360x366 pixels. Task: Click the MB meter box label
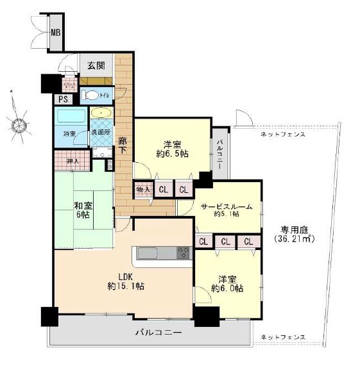point(56,31)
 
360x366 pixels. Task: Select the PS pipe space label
point(63,99)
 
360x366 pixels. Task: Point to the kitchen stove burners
point(184,252)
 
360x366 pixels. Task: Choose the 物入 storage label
point(142,189)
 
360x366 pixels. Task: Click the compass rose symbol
point(19,122)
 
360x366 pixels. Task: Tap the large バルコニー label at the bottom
point(159,333)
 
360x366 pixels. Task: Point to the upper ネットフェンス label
point(282,134)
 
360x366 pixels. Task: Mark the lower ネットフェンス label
point(282,336)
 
